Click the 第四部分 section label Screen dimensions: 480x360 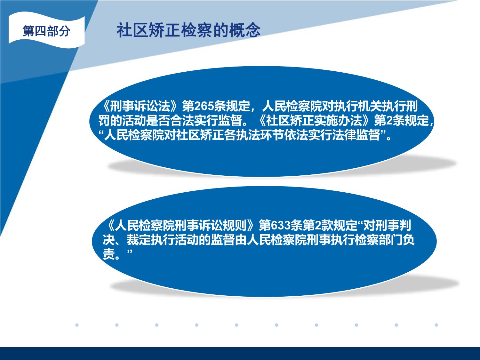coord(46,31)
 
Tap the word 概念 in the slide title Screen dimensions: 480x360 coord(245,30)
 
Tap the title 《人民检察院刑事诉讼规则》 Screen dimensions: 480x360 coord(180,225)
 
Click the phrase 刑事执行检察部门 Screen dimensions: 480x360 coord(355,240)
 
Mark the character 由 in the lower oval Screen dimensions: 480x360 coord(241,240)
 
